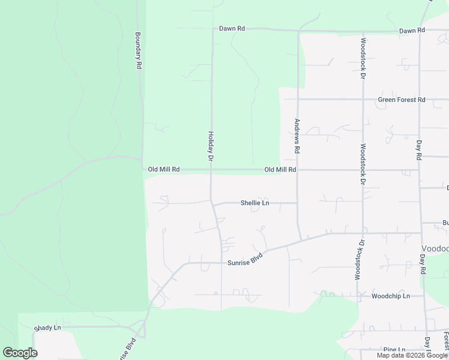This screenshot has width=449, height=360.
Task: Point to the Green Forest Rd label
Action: (401, 100)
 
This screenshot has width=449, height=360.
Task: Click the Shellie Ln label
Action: (255, 203)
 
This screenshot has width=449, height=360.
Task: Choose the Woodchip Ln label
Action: (390, 296)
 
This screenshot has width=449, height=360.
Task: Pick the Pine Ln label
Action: (393, 350)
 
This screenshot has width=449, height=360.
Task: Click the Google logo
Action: (20, 353)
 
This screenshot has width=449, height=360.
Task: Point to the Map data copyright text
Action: (412, 355)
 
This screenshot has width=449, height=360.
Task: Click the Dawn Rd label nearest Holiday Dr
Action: (232, 28)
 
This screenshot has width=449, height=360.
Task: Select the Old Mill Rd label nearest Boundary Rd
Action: (164, 170)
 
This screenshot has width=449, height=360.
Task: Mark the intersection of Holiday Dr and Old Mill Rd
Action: (211, 170)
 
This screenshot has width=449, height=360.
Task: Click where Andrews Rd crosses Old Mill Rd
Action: (298, 170)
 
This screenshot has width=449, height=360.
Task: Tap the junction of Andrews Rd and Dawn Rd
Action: (298, 30)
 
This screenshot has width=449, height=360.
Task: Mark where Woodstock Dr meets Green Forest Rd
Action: (363, 100)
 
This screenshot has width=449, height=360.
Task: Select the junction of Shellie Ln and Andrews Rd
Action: (298, 203)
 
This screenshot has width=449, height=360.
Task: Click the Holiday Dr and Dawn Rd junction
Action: (212, 28)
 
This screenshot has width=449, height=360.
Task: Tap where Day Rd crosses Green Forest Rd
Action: (420, 100)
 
